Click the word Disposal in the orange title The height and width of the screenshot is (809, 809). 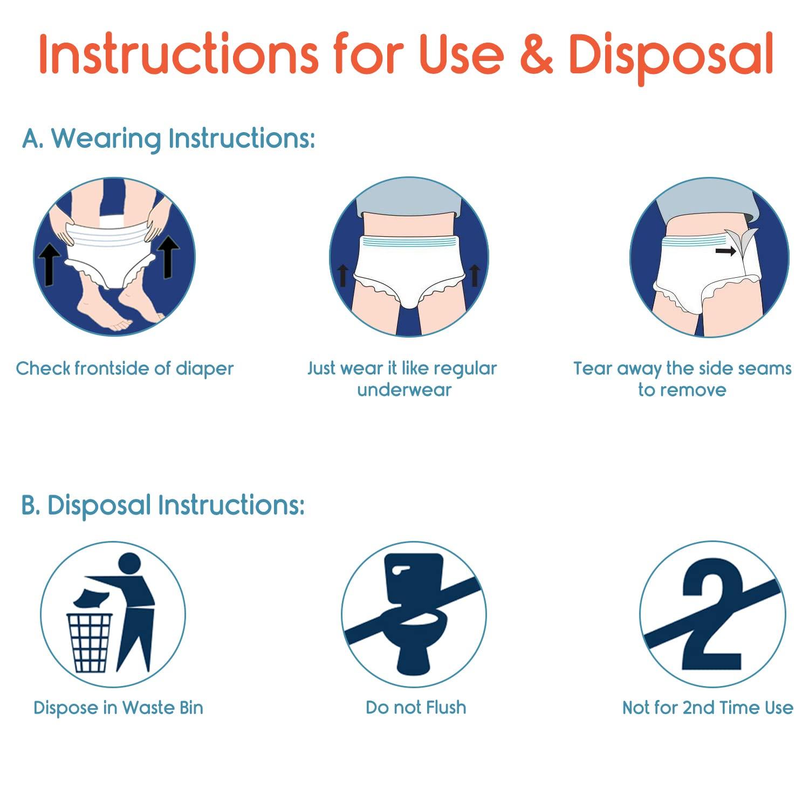[x=671, y=55]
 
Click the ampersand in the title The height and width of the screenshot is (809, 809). [x=536, y=55]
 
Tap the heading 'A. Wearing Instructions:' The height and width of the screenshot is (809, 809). [x=168, y=139]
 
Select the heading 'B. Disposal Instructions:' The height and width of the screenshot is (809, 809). [x=163, y=505]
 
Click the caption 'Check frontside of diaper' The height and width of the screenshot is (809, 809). [x=125, y=369]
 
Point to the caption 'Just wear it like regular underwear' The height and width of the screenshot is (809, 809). [x=402, y=379]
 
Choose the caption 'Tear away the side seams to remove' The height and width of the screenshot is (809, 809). [x=682, y=379]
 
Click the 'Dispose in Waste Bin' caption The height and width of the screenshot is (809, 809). [x=118, y=708]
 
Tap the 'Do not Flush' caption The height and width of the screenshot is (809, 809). [x=416, y=708]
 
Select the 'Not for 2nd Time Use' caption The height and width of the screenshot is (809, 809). [x=708, y=708]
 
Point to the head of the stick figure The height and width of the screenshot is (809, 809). [x=129, y=564]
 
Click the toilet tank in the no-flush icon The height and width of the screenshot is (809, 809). [x=413, y=577]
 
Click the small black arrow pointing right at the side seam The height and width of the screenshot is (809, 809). [x=726, y=251]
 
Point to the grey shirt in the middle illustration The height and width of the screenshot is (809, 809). [x=409, y=200]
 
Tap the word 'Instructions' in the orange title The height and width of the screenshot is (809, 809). [x=178, y=55]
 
